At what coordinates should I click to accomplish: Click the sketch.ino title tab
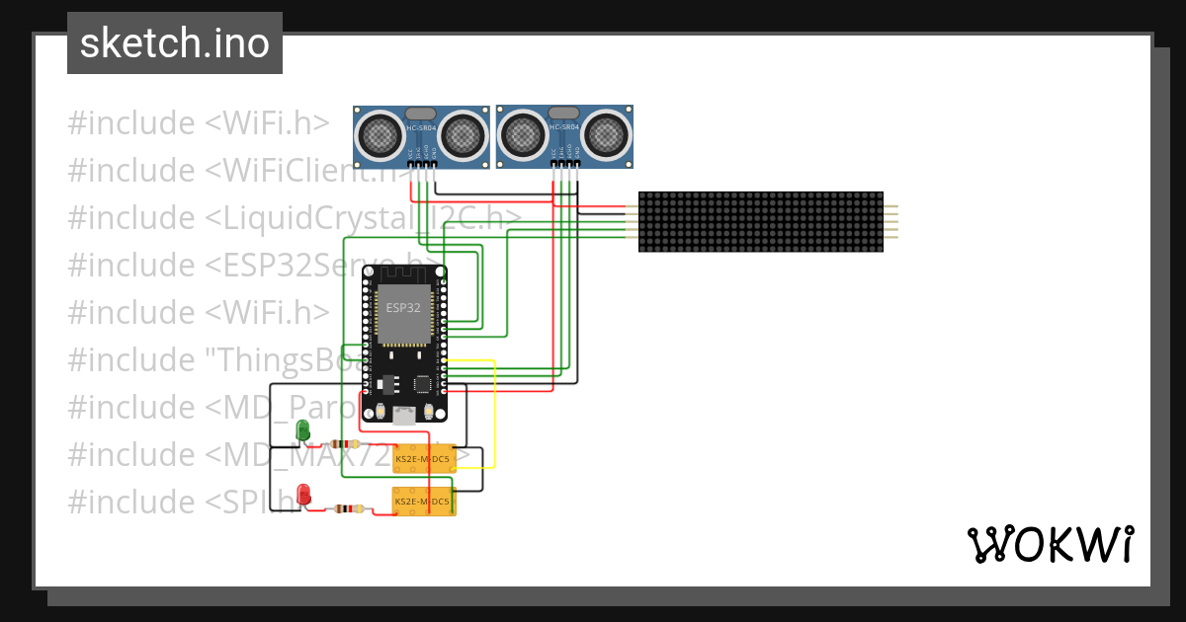point(175,43)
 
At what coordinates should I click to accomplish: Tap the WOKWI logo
point(1050,544)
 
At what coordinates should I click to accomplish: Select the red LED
point(304,494)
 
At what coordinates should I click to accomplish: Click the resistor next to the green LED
point(346,444)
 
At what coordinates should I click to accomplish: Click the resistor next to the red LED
point(348,508)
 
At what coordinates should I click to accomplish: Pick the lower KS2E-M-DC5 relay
point(424,502)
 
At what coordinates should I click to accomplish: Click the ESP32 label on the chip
point(403,307)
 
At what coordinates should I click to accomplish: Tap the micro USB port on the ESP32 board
point(403,416)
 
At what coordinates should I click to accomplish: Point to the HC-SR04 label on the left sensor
point(421,128)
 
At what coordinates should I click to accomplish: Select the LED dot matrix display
point(760,221)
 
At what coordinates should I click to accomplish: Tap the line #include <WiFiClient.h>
point(237,171)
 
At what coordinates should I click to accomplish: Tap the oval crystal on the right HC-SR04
point(564,113)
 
